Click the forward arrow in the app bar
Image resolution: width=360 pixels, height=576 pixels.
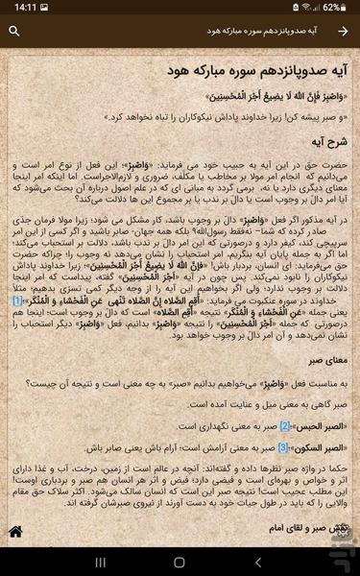coord(343,31)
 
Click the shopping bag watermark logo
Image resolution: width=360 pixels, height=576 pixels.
coord(325,543)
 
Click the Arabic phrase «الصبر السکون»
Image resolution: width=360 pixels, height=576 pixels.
coord(316,447)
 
